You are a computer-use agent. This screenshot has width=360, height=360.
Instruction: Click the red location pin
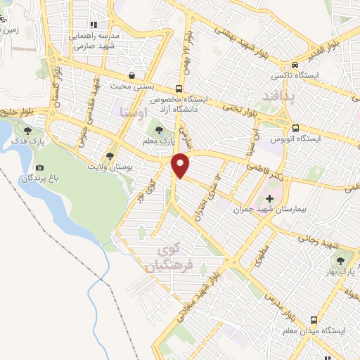pos(181,165)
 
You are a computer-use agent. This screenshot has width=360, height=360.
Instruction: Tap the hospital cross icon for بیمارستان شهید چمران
pos(270,199)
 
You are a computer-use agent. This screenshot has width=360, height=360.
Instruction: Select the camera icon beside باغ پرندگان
pos(39,168)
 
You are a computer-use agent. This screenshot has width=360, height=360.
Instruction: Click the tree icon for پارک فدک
pos(27,130)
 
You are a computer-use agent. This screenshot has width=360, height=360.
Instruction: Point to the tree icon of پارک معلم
pos(160,129)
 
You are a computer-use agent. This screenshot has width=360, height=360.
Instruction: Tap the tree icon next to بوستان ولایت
pos(110,156)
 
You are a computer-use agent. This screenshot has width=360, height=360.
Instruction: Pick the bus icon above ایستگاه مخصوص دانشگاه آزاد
pos(179,89)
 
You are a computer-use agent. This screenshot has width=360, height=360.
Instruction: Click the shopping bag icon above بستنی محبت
pos(131,75)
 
